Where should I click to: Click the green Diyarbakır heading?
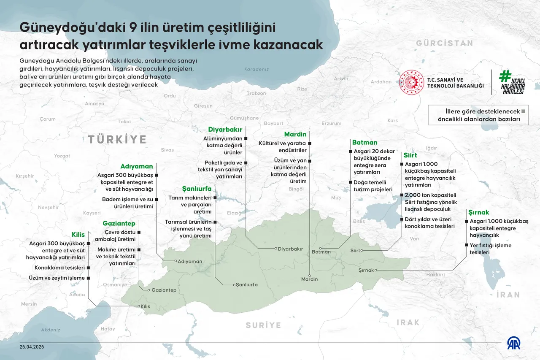click(x=225, y=130)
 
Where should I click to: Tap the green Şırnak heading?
click(x=479, y=212)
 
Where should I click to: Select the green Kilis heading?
click(x=78, y=235)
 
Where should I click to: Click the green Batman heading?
click(x=364, y=142)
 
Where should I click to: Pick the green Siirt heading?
click(x=410, y=155)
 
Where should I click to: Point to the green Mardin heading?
click(x=295, y=134)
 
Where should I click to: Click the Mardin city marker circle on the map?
click(x=310, y=273)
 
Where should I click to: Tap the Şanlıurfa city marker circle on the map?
click(x=234, y=285)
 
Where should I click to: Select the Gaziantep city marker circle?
click(x=148, y=290)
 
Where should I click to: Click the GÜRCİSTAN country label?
click(x=444, y=43)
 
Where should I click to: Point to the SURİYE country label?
click(x=264, y=325)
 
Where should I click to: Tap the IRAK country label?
click(x=408, y=322)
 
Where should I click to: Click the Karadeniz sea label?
click(x=256, y=69)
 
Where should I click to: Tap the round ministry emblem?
click(x=411, y=82)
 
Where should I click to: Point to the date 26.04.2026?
click(x=32, y=346)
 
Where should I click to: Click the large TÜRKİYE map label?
click(x=117, y=139)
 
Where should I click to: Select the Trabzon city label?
click(x=256, y=93)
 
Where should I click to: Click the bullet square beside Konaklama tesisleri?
click(x=89, y=268)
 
